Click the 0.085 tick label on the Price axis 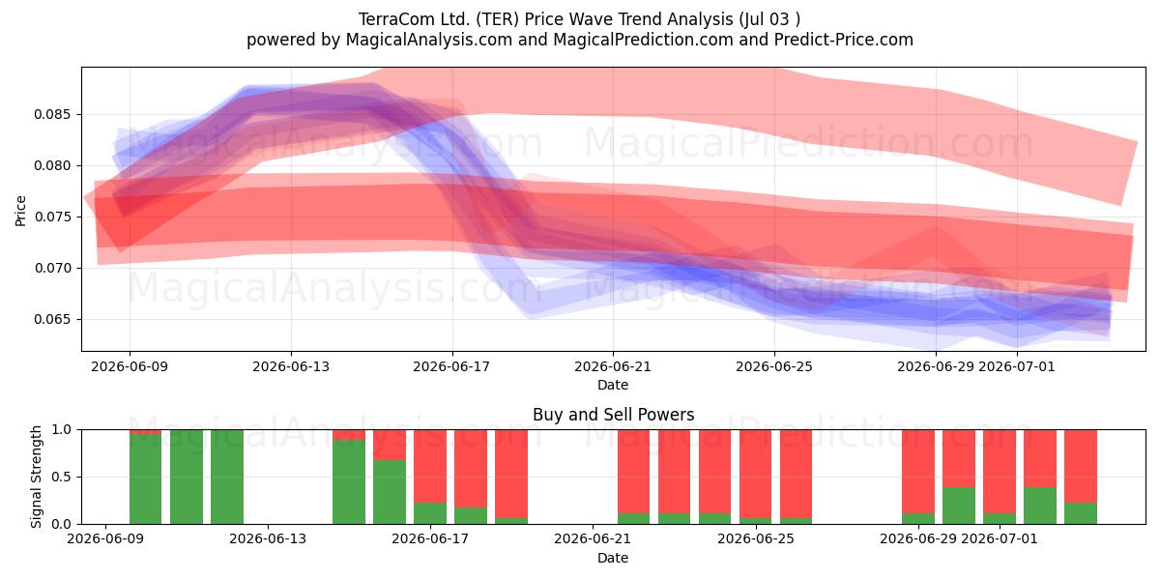pyautogui.click(x=52, y=114)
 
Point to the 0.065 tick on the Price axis pyautogui.click(x=52, y=319)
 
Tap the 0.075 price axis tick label pyautogui.click(x=52, y=217)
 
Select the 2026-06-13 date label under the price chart pyautogui.click(x=291, y=366)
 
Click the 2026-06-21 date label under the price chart pyautogui.click(x=613, y=366)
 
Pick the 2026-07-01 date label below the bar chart pyautogui.click(x=1000, y=538)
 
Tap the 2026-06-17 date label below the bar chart pyautogui.click(x=430, y=538)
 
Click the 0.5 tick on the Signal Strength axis pyautogui.click(x=61, y=477)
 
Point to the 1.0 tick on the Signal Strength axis pyautogui.click(x=61, y=429)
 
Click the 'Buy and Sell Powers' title pyautogui.click(x=613, y=415)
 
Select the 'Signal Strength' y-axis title pyautogui.click(x=36, y=477)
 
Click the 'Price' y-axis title pyautogui.click(x=20, y=211)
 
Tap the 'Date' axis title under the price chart pyautogui.click(x=613, y=385)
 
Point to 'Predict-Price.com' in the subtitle pyautogui.click(x=844, y=40)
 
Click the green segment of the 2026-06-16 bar pyautogui.click(x=390, y=491)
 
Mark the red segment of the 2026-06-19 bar pyautogui.click(x=511, y=474)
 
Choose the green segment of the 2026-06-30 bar pyautogui.click(x=959, y=506)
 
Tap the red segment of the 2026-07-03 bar pyautogui.click(x=1081, y=466)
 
